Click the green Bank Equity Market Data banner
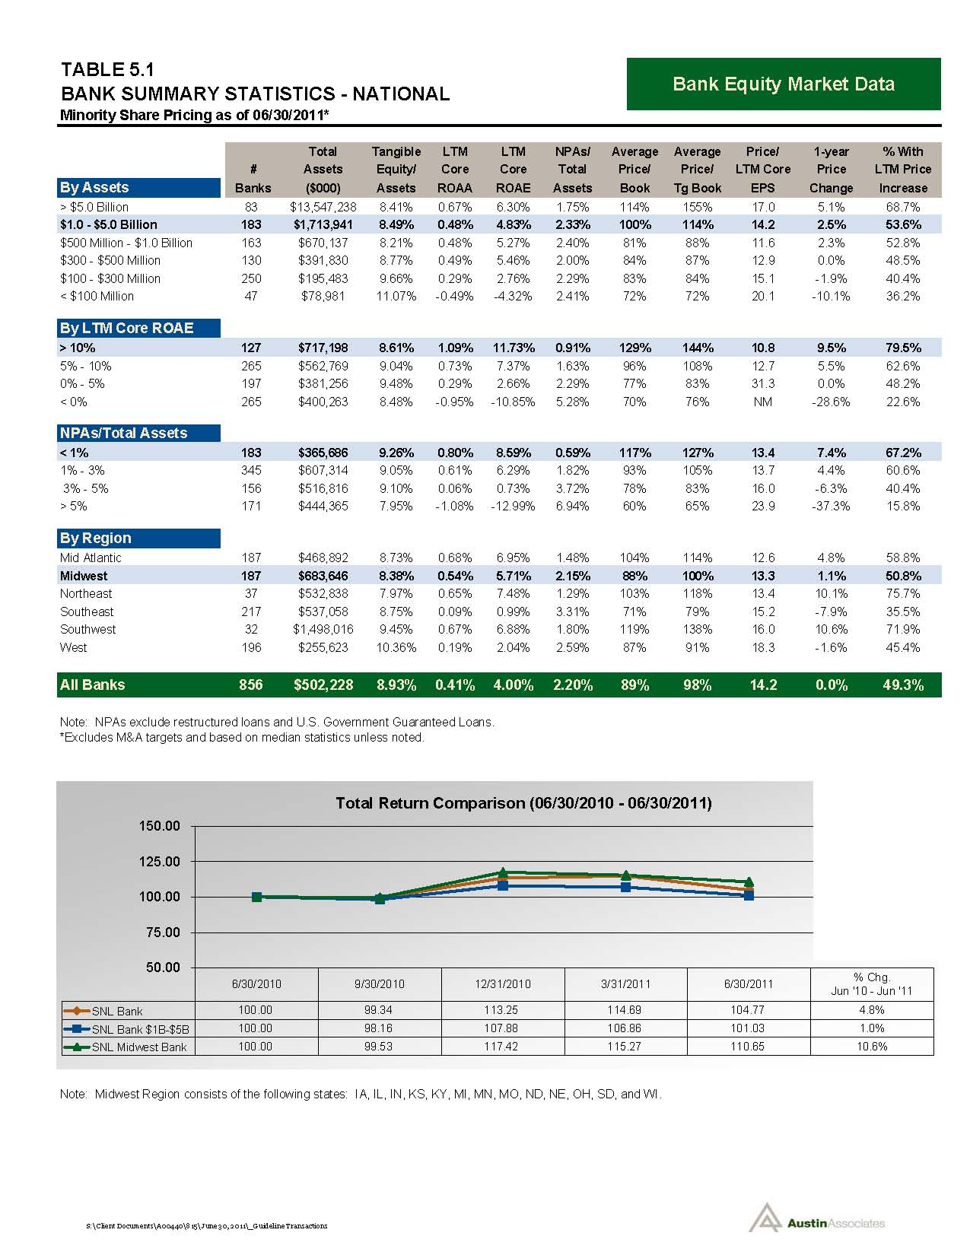(783, 84)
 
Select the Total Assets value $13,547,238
(323, 207)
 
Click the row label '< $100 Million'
(97, 296)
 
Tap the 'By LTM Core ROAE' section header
(127, 328)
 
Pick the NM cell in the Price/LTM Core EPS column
(762, 402)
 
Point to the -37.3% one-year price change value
(831, 506)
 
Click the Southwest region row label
(88, 629)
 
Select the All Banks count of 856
(250, 685)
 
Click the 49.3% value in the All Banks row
(903, 685)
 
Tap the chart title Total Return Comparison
(523, 803)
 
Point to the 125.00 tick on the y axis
(159, 862)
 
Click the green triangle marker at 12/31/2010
(503, 872)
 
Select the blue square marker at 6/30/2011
(749, 895)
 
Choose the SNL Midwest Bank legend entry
(128, 1047)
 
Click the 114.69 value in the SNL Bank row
(625, 1010)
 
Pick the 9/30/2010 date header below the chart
(380, 983)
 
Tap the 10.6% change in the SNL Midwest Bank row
(872, 1047)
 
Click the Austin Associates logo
(817, 1222)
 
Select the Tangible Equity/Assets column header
(396, 170)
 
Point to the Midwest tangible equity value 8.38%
(396, 576)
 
